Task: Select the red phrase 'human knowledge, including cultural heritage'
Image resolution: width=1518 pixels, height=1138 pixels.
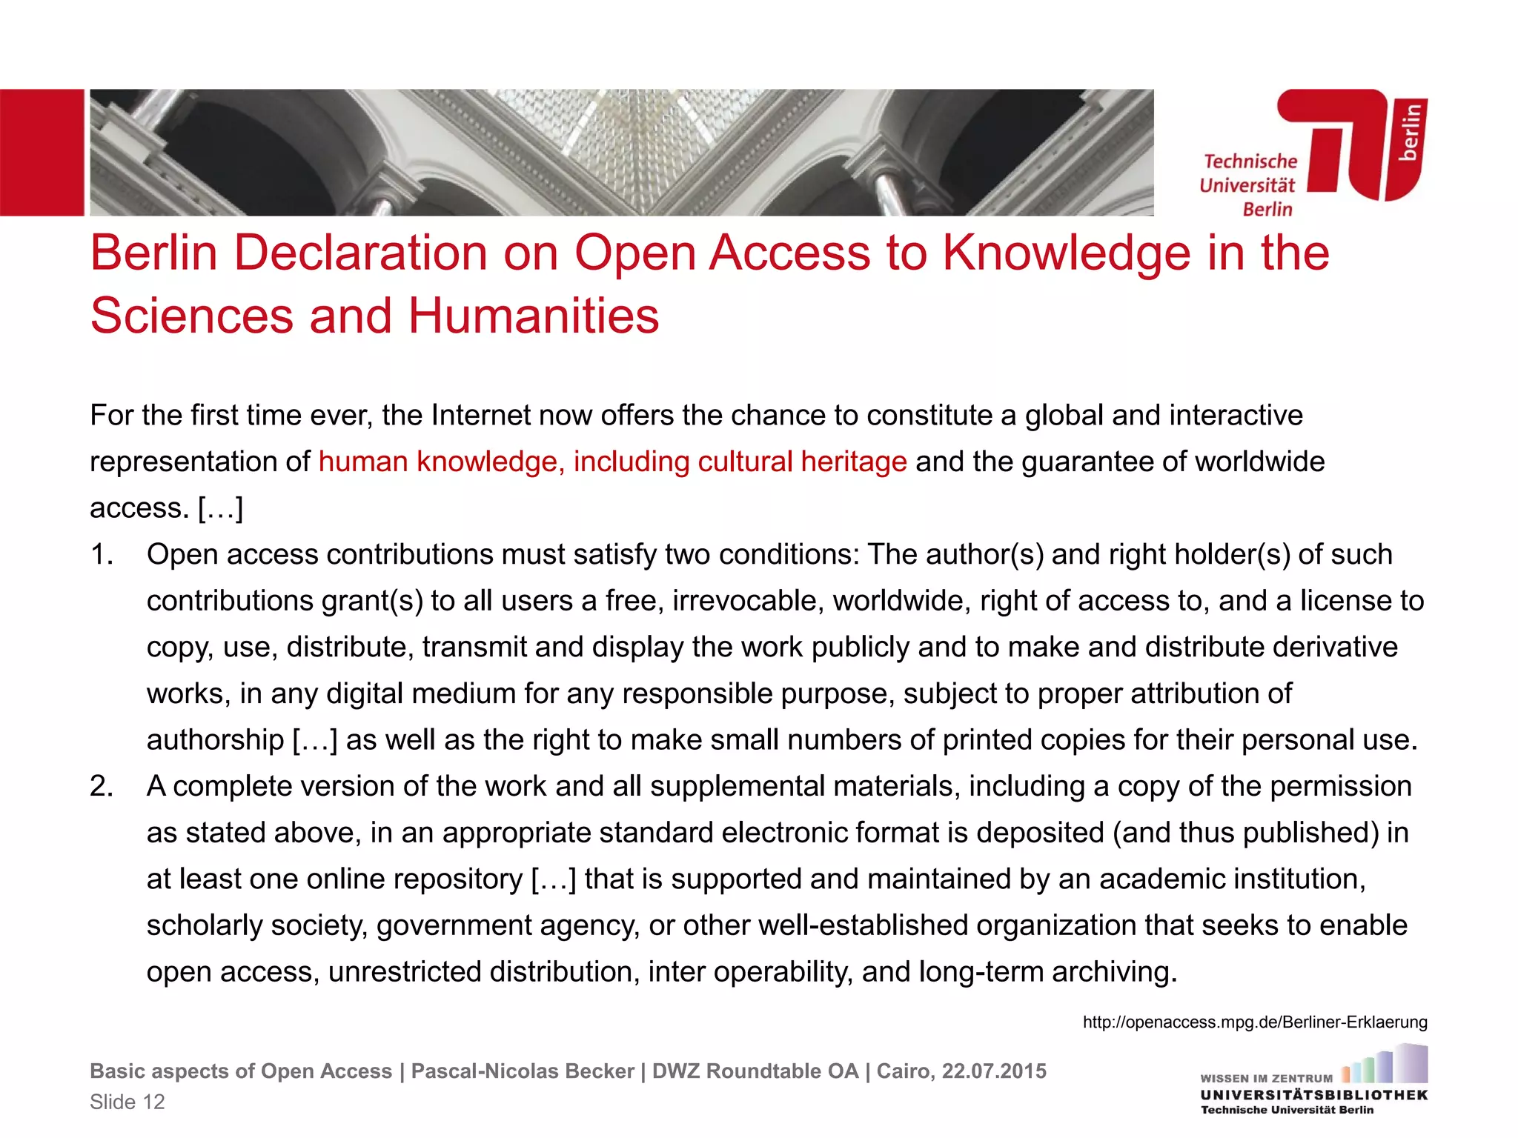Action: tap(612, 462)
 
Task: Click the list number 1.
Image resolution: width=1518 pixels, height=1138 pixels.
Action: tap(102, 555)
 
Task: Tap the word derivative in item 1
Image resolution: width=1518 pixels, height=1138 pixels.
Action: tap(1335, 648)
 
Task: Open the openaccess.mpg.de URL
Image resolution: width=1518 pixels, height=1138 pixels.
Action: tap(1254, 1022)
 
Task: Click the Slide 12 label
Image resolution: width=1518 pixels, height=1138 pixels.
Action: tap(127, 1102)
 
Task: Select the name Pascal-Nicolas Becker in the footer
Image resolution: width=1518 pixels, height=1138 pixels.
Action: tap(523, 1071)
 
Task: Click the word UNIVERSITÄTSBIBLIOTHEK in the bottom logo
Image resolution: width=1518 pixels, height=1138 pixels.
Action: tap(1313, 1095)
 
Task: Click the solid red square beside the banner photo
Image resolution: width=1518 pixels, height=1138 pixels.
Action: tap(42, 153)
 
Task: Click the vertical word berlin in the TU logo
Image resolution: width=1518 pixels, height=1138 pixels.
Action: tap(1410, 132)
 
